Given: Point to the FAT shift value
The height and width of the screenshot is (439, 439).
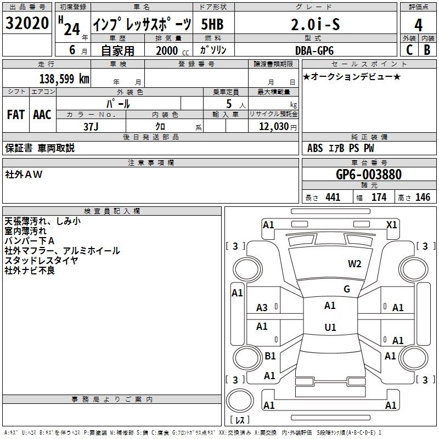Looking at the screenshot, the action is [x=16, y=115].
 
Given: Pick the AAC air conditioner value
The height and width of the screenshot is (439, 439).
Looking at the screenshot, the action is [x=42, y=115].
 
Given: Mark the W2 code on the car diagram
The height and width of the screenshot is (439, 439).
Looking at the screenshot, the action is [x=354, y=263].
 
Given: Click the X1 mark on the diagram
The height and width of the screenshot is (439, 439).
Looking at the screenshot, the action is [x=392, y=224].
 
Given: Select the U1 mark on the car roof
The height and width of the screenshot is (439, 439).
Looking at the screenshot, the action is [x=330, y=327].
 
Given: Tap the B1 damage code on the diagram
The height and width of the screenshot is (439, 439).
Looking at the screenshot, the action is [x=270, y=356].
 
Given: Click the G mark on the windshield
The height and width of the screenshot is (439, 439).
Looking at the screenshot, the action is [x=346, y=289].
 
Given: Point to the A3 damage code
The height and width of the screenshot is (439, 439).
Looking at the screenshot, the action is [x=262, y=307].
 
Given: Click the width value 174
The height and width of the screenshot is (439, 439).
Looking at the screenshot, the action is [x=379, y=198].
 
